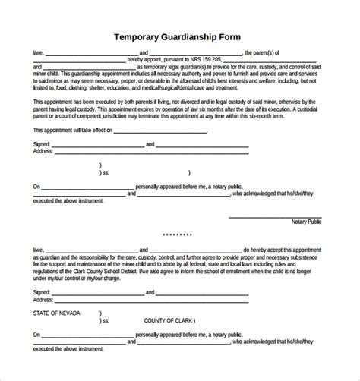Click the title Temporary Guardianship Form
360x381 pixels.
[x=179, y=36]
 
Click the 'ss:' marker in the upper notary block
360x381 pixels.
[x=106, y=172]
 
